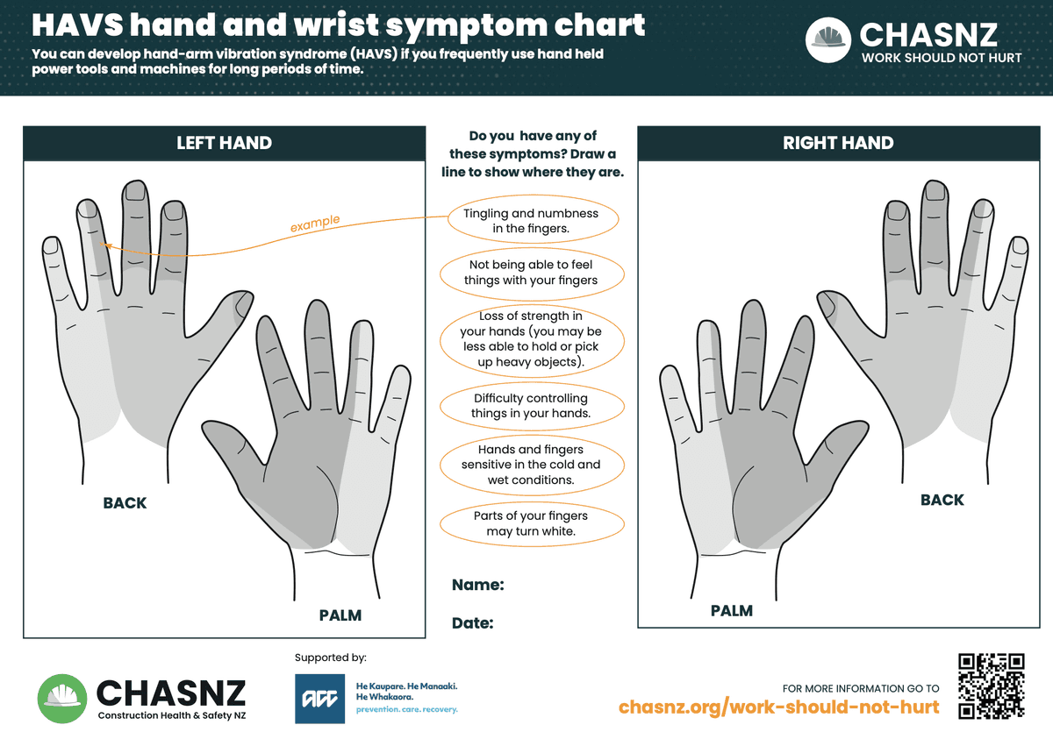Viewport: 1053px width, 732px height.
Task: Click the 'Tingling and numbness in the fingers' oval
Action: (x=533, y=219)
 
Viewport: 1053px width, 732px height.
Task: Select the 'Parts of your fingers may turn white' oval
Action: (x=532, y=523)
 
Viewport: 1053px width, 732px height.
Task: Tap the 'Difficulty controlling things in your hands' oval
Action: (x=532, y=406)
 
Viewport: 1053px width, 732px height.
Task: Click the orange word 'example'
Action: (x=314, y=223)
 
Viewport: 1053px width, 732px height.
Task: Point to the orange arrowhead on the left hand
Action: (x=106, y=245)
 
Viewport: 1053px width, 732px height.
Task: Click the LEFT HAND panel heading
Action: (x=225, y=143)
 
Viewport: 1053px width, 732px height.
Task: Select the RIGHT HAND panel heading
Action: (x=838, y=143)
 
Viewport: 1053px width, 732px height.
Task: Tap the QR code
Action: (x=992, y=686)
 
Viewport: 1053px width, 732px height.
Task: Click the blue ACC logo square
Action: (x=319, y=699)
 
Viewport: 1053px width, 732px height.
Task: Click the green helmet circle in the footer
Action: (x=62, y=699)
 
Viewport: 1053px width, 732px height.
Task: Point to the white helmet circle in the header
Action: (x=827, y=40)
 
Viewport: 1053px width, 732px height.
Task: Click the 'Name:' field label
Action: (x=477, y=585)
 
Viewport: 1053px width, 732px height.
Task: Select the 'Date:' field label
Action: (x=472, y=623)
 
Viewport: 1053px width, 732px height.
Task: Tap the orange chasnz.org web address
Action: (x=778, y=707)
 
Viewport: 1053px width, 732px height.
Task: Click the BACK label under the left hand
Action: (x=125, y=503)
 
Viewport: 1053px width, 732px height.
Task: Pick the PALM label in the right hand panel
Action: (x=732, y=611)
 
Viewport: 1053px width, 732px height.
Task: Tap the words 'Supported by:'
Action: (x=331, y=657)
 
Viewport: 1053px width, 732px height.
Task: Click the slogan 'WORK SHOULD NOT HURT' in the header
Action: (x=942, y=58)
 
